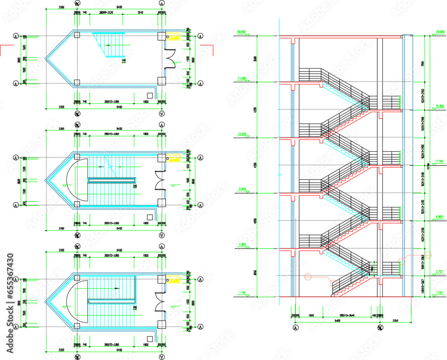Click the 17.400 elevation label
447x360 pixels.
(242, 78)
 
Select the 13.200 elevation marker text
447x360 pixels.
(242, 134)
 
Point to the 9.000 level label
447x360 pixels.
(242, 189)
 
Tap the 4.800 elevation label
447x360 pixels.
(242, 245)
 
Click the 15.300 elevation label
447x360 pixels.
(439, 106)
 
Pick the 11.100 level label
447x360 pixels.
(439, 161)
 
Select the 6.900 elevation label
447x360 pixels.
(439, 216)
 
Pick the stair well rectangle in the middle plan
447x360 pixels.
(112, 180)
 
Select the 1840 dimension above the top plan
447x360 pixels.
(140, 13)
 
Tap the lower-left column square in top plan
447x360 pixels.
(77, 82)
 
